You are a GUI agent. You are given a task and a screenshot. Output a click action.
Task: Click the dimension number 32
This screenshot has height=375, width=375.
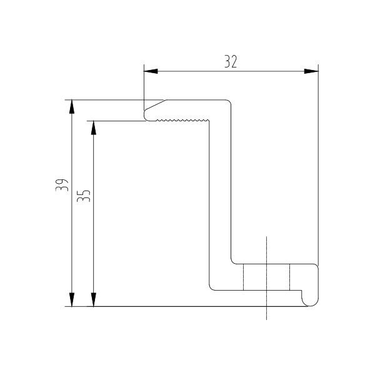[231, 61]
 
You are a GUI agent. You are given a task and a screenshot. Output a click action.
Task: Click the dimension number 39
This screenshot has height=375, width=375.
[62, 185]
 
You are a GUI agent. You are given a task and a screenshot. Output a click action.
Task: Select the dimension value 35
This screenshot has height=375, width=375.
[84, 196]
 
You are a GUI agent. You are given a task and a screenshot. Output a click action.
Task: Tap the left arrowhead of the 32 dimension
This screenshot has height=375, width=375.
[151, 71]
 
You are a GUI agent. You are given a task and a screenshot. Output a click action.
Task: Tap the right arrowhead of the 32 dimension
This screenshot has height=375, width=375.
[311, 71]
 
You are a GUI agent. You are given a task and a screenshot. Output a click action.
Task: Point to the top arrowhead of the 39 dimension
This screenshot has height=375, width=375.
[72, 107]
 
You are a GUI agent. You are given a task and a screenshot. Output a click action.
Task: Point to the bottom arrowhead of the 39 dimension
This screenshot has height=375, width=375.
[72, 299]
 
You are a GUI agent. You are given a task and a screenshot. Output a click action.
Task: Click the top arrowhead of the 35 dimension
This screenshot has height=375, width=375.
[94, 128]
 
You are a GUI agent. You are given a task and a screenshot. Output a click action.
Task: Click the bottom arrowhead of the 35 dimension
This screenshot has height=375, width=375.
[94, 299]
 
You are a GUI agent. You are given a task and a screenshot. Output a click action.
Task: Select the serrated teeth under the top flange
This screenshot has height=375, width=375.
[182, 119]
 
